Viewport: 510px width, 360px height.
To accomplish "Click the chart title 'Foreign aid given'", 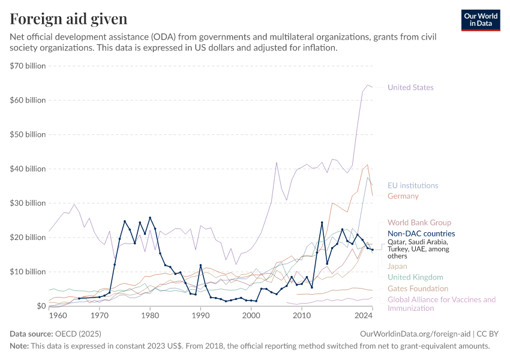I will point(68,19).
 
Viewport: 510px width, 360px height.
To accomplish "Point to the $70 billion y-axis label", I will point(28,66).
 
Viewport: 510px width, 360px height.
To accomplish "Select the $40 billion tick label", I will point(28,169).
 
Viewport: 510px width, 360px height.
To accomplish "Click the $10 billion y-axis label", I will point(28,272).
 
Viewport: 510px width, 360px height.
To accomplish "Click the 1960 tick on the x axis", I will point(58,315).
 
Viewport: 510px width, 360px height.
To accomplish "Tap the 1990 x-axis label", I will point(200,315).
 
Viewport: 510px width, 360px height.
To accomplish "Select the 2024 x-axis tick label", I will point(363,315).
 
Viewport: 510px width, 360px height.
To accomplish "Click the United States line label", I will point(410,88).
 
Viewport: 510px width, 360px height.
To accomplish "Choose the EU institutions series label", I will point(413,185).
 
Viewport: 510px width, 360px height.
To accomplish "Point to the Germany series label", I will point(403,196).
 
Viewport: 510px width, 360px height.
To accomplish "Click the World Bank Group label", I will point(419,223).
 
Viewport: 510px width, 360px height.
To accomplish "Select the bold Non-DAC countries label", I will point(421,233).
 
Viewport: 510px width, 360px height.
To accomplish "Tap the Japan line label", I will point(397,266).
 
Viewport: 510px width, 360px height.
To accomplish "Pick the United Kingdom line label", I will point(415,277).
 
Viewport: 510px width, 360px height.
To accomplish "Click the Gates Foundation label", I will point(418,289).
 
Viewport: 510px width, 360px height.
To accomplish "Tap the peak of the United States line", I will point(368,85).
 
